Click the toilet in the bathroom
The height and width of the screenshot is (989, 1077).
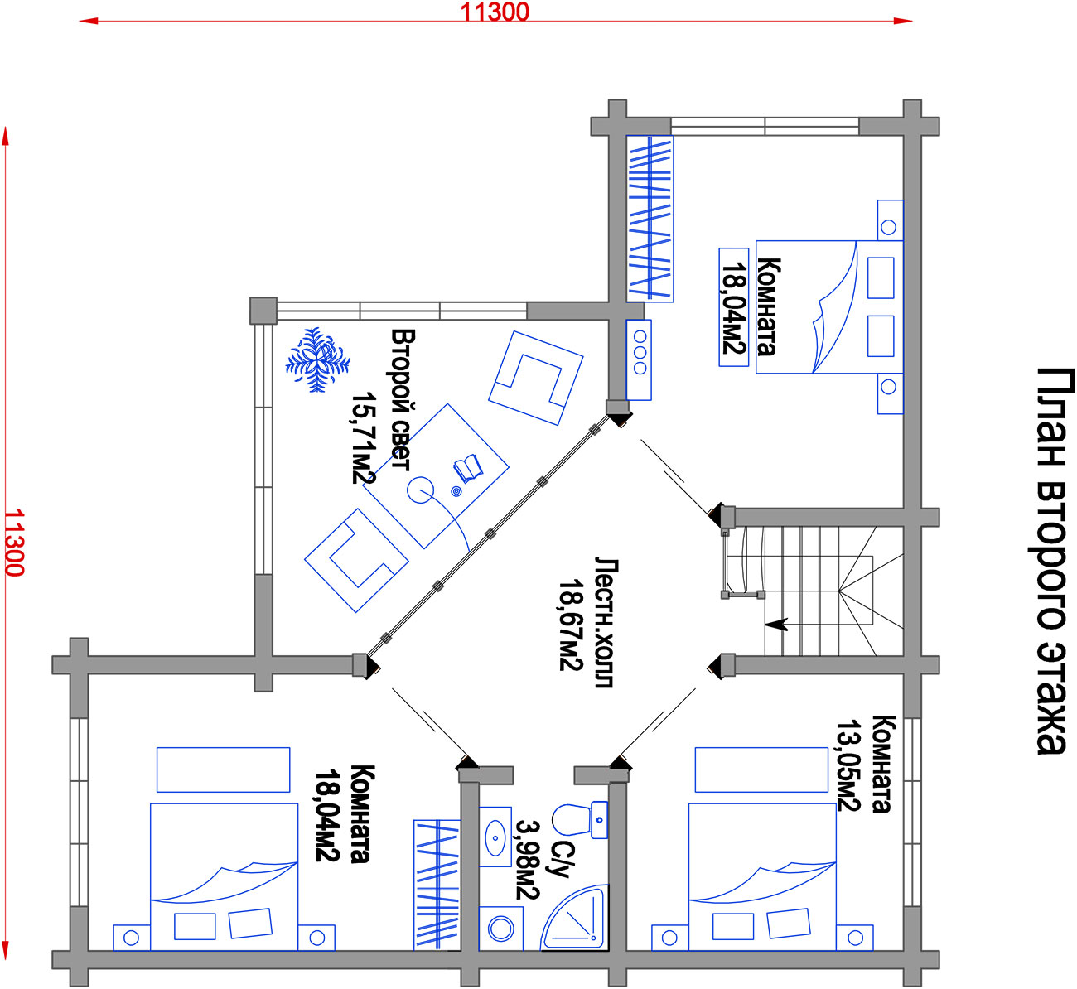click(x=579, y=820)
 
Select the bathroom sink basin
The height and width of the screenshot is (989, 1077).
click(x=495, y=837)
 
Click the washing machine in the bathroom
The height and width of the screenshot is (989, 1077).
click(x=501, y=929)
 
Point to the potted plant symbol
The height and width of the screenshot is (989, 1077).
click(x=317, y=359)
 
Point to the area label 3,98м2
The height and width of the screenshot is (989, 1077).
click(x=527, y=859)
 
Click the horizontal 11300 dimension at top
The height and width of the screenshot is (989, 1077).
click(x=495, y=13)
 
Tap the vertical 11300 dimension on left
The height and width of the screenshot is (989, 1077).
click(x=13, y=543)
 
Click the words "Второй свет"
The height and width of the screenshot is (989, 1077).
click(x=402, y=400)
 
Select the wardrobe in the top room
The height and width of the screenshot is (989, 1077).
click(x=650, y=218)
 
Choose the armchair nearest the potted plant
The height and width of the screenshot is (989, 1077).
click(x=356, y=560)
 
